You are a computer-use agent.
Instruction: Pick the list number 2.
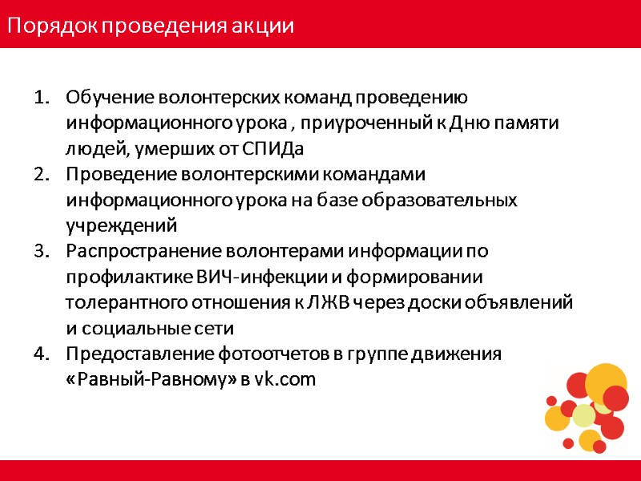[41, 174]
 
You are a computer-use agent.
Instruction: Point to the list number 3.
[41, 251]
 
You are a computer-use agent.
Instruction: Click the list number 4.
[41, 354]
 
